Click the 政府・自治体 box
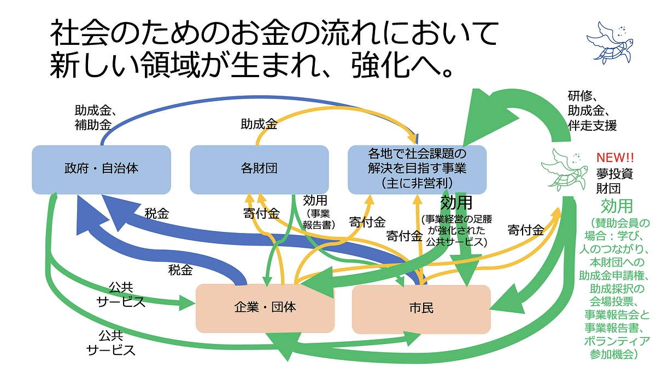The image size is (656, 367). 101,169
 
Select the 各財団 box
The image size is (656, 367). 259,169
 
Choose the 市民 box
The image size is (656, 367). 421,308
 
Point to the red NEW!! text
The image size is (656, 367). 614,158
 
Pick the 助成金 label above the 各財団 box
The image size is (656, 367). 259,124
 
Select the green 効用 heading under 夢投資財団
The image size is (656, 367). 617,206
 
